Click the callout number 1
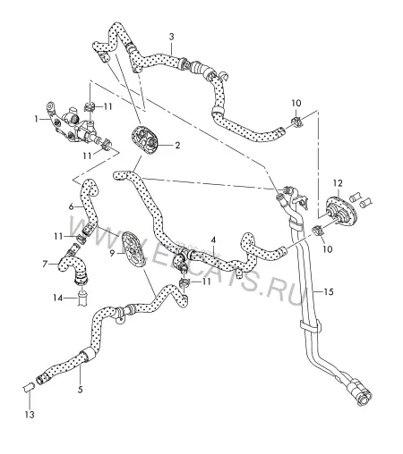point(37,119)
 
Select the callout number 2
point(177,146)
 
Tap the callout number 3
point(171,37)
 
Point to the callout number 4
point(213,240)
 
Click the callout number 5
point(80,390)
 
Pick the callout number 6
point(71,206)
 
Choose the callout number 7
point(45,264)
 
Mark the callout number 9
point(112,253)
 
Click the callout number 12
point(338,183)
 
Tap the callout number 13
point(30,415)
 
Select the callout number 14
point(58,298)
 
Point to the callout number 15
point(329,291)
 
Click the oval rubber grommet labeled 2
point(145,139)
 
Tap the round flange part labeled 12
point(341,212)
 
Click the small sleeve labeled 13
point(29,388)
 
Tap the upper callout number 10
point(296,103)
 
